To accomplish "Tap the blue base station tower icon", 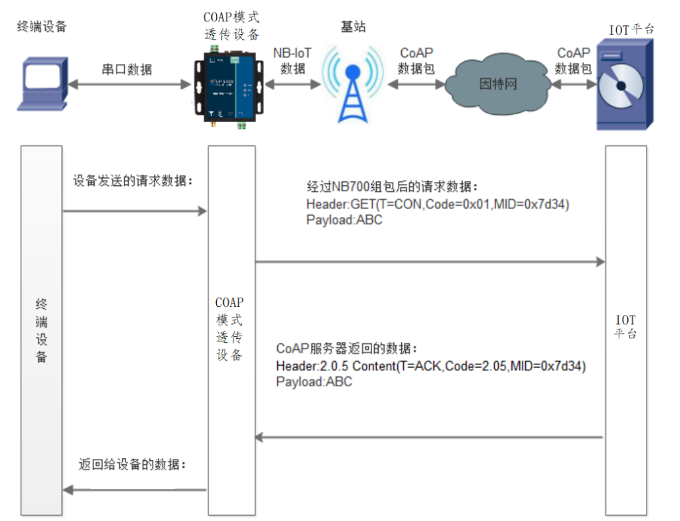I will pyautogui.click(x=353, y=85).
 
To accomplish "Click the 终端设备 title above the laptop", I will pyautogui.click(x=42, y=27).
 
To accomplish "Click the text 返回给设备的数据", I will pyautogui.click(x=132, y=464).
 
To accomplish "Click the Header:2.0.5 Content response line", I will pyautogui.click(x=431, y=366).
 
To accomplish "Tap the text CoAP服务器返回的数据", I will pyautogui.click(x=347, y=349).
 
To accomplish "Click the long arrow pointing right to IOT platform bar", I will pyautogui.click(x=430, y=262).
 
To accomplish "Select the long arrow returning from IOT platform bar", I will pyautogui.click(x=430, y=438).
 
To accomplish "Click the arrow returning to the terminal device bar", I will pyautogui.click(x=134, y=490).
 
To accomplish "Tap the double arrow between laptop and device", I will pyautogui.click(x=129, y=84).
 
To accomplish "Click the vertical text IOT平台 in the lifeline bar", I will pyautogui.click(x=625, y=327).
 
